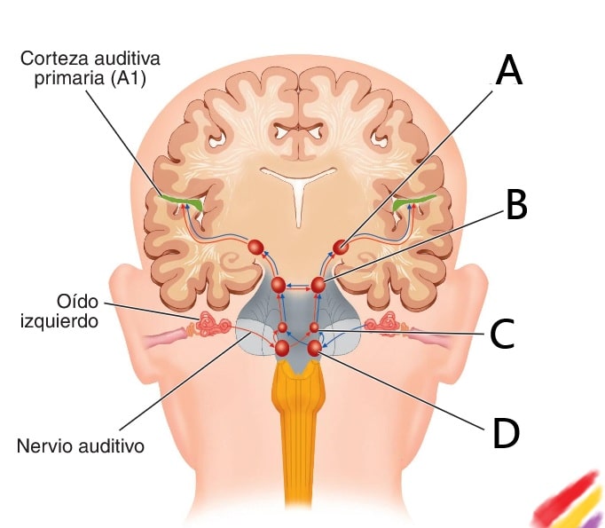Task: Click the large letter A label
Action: pyautogui.click(x=508, y=70)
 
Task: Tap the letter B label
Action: pyautogui.click(x=516, y=205)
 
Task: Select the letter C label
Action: pyautogui.click(x=502, y=334)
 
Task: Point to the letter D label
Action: pyautogui.click(x=507, y=433)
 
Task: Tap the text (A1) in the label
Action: pyautogui.click(x=128, y=78)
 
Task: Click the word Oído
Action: pyautogui.click(x=77, y=301)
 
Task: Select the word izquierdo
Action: pyautogui.click(x=59, y=321)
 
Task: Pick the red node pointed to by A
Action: pyautogui.click(x=341, y=247)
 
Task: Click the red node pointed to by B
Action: pyautogui.click(x=318, y=285)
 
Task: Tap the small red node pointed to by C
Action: pyautogui.click(x=314, y=328)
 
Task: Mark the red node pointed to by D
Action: pyautogui.click(x=314, y=348)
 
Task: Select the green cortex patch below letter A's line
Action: pyautogui.click(x=412, y=201)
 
